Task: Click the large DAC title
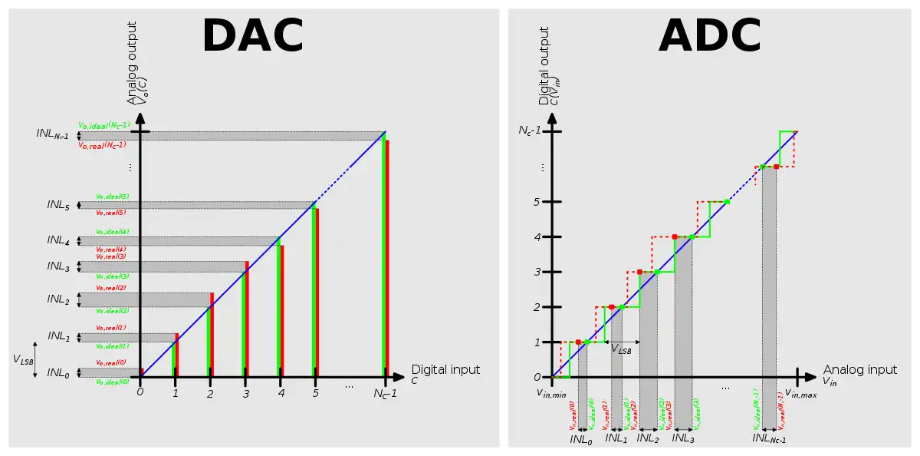pos(252,36)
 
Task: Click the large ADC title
pos(709,36)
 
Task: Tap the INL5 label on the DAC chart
pos(58,205)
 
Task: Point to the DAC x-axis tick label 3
pos(246,394)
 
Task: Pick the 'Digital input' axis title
pos(445,370)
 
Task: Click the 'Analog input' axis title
pos(859,370)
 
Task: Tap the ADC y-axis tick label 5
pos(537,202)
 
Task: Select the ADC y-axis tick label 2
pos(537,307)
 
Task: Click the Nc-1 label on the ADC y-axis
pos(535,131)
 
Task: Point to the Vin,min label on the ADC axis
pos(550,393)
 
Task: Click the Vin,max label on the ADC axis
pos(800,394)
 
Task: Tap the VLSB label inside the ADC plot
pos(621,349)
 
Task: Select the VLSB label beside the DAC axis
pos(24,359)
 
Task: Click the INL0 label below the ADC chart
pos(581,440)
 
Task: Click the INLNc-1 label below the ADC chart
pos(769,439)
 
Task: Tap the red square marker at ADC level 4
pos(675,236)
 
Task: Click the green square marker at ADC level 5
pos(727,201)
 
